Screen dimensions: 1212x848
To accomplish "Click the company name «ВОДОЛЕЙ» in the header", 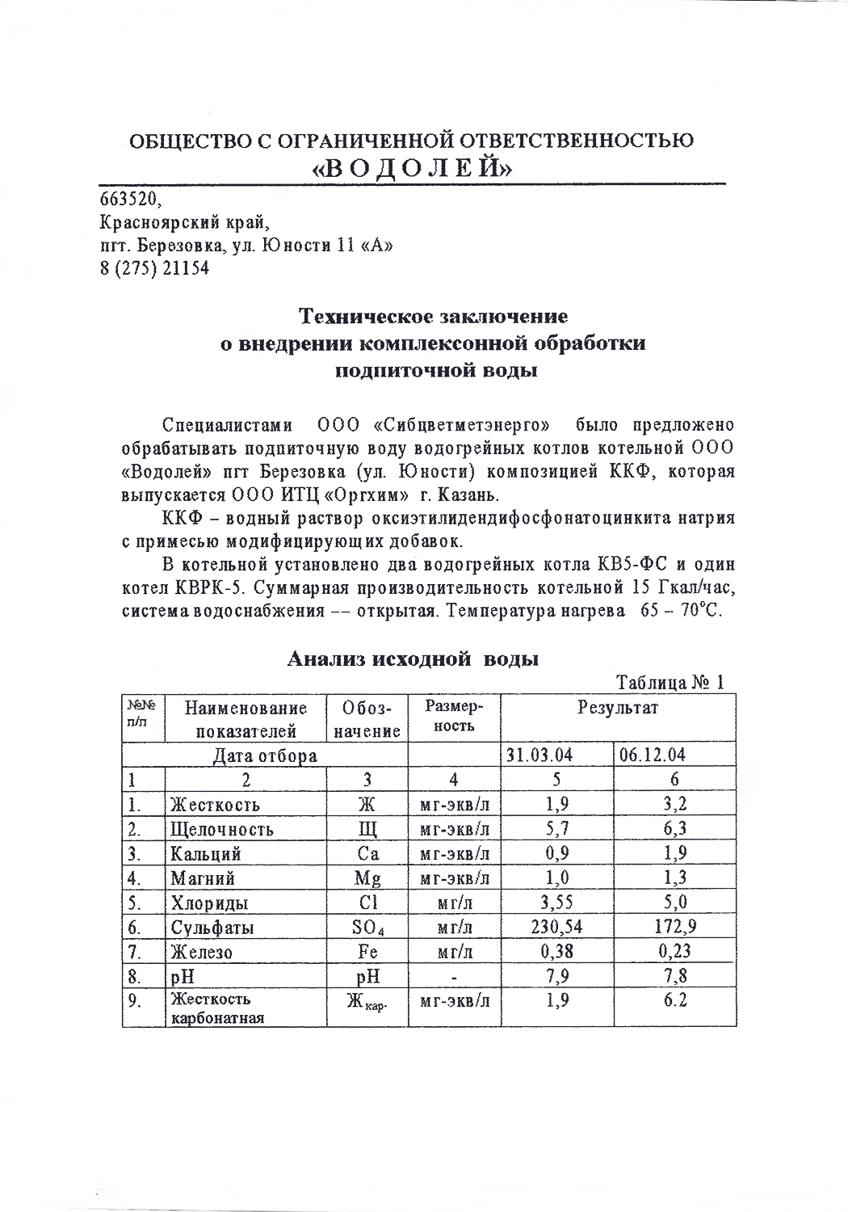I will [413, 167].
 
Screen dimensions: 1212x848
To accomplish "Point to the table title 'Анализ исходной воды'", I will [414, 659].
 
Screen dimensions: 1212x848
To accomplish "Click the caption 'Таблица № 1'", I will [670, 683].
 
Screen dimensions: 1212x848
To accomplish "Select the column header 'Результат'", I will [617, 709].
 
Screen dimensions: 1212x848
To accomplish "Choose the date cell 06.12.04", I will [653, 755].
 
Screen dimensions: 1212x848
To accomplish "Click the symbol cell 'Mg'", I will [367, 878].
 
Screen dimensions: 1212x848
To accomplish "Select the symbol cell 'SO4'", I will [367, 927].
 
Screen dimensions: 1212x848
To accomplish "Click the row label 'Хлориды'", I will [208, 903].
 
